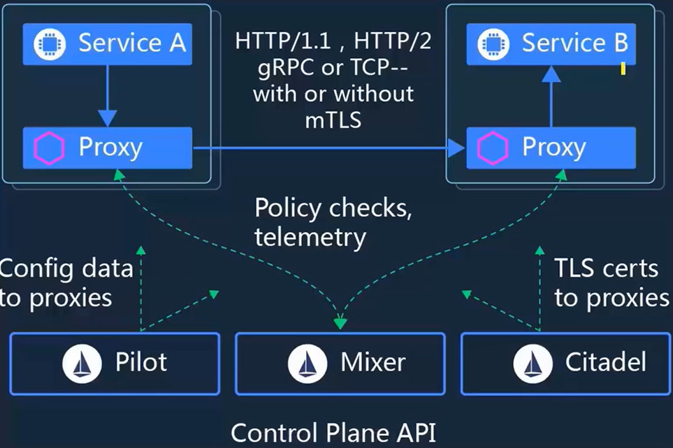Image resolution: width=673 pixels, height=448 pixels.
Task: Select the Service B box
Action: (x=551, y=44)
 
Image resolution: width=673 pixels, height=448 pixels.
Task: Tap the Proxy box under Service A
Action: (x=107, y=148)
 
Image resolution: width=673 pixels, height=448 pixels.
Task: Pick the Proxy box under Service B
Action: (x=551, y=148)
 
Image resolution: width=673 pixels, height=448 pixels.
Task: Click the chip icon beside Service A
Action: (x=50, y=44)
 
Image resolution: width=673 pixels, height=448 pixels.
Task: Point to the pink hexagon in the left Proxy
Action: (x=50, y=148)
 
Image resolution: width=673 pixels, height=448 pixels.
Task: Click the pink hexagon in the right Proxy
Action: (x=493, y=148)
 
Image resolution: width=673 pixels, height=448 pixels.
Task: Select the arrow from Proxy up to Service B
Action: (x=550, y=97)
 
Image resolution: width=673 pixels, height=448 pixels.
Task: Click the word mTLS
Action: (x=333, y=120)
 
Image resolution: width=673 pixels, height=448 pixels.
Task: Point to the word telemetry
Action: (x=310, y=237)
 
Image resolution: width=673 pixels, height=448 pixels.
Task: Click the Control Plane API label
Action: (x=334, y=433)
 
